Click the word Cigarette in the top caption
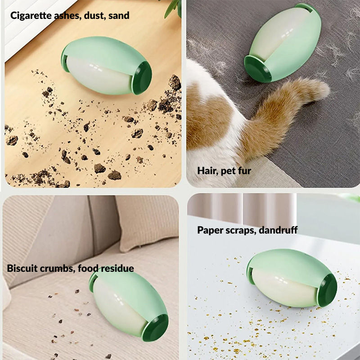pyautogui.click(x=31, y=16)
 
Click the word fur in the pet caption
pyautogui.click(x=244, y=171)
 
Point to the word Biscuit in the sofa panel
pyautogui.click(x=22, y=268)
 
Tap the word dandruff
pyautogui.click(x=278, y=230)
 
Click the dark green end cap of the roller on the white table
pyautogui.click(x=327, y=290)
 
